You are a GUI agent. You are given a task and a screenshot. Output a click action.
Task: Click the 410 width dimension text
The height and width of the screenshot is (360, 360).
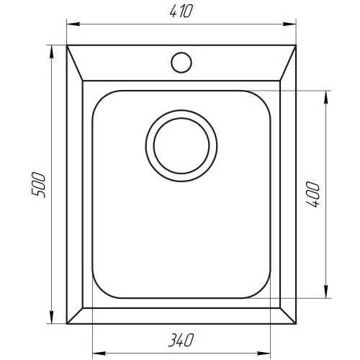[181, 12]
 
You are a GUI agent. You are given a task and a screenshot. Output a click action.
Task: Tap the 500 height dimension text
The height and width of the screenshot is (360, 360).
[38, 184]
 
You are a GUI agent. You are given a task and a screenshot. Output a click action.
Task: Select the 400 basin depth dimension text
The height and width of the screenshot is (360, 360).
[312, 194]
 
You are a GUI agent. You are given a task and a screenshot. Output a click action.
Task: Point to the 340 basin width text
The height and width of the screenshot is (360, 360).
[181, 340]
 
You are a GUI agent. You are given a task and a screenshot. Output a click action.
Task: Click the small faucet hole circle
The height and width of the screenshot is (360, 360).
[181, 63]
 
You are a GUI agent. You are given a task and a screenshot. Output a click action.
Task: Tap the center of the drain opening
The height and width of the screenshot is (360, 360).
[181, 145]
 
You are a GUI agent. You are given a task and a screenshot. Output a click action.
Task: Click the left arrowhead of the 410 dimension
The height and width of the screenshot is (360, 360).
[73, 24]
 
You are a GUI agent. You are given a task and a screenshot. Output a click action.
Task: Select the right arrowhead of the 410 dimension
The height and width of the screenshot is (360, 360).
[289, 24]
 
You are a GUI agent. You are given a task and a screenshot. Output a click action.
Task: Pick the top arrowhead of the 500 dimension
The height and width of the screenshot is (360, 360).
[51, 52]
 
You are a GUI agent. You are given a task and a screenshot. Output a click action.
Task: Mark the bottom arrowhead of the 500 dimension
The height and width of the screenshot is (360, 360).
[51, 317]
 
